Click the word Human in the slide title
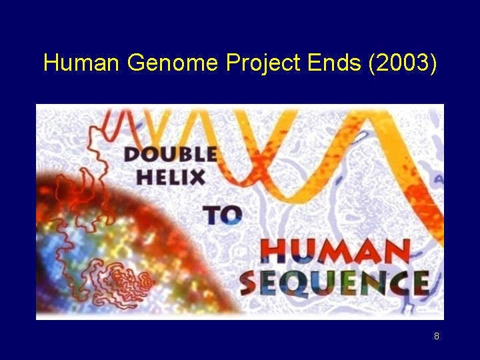[x=81, y=63]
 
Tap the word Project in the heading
[x=264, y=65]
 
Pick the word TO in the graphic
[x=223, y=215]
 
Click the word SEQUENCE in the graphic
[x=333, y=283]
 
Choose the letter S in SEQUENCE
[x=250, y=283]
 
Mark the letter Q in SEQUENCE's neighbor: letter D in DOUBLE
[x=133, y=155]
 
